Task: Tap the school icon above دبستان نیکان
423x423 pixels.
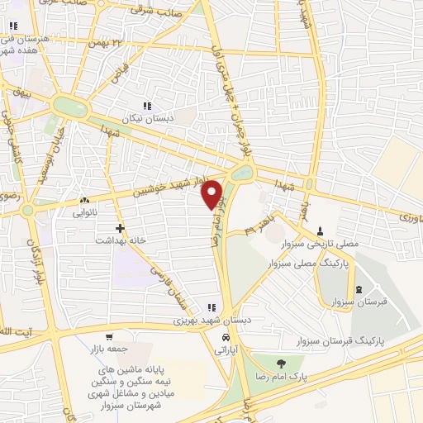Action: coord(147,106)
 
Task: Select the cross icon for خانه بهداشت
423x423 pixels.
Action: coord(121,227)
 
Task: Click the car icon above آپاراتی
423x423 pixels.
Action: coord(225,339)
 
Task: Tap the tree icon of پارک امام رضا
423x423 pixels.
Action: coord(282,363)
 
